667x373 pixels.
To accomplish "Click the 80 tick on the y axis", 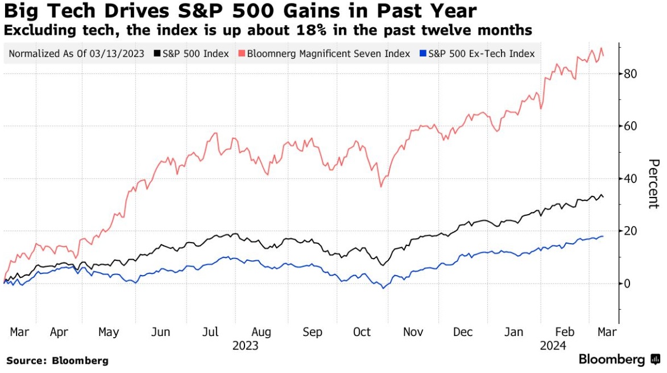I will (x=631, y=73).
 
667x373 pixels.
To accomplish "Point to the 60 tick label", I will (x=631, y=126).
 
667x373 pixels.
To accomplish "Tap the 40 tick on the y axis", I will (x=631, y=178).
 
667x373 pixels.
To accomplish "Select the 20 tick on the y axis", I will (x=631, y=231).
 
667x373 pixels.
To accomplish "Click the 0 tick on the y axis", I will (x=628, y=283).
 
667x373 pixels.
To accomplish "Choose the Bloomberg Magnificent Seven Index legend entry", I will (x=328, y=54).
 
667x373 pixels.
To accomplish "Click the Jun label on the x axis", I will (x=161, y=332).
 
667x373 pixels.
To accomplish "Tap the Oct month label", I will (x=362, y=332).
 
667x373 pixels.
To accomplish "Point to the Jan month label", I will (x=515, y=332).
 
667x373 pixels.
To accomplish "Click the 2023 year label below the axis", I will (x=245, y=345).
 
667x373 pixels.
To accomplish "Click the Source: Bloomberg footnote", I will (x=57, y=360).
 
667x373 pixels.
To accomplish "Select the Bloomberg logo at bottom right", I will (x=619, y=359).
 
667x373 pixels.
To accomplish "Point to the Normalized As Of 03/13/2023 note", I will (x=76, y=54).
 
